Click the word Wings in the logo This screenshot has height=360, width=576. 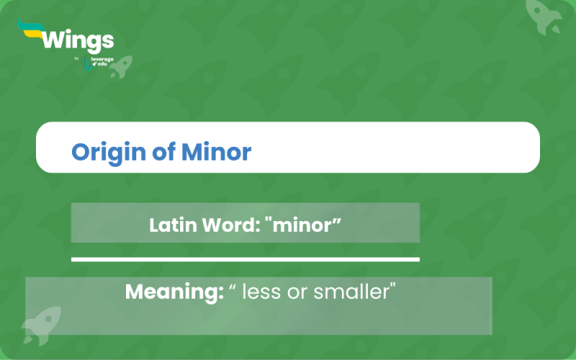pyautogui.click(x=78, y=39)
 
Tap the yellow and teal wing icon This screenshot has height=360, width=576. pyautogui.click(x=30, y=31)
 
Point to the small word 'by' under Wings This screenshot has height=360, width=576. pyautogui.click(x=76, y=58)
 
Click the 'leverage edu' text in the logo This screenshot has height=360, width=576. pyautogui.click(x=102, y=63)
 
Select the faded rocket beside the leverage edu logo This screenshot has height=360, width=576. pyautogui.click(x=121, y=66)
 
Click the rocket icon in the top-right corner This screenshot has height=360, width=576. pyautogui.click(x=545, y=16)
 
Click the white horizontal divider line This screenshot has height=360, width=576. pyautogui.click(x=245, y=258)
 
